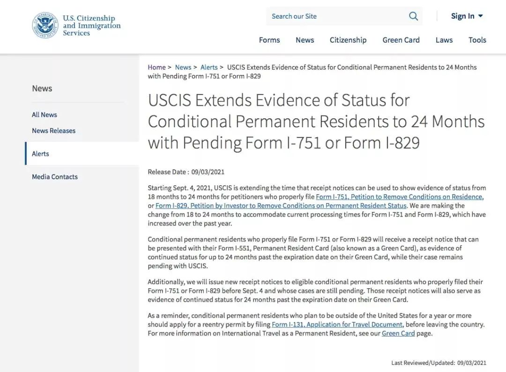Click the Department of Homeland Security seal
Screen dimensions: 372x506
[x=45, y=25]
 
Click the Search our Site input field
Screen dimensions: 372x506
[x=335, y=16]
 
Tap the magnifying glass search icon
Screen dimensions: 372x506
[x=413, y=16]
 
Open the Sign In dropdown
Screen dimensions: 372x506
[x=467, y=16]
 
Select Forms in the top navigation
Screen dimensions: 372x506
[x=269, y=40]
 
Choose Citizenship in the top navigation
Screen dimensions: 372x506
[x=348, y=40]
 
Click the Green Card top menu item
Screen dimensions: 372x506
[x=401, y=40]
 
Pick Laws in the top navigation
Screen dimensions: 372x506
[x=444, y=40]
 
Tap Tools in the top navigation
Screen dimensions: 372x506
[x=477, y=40]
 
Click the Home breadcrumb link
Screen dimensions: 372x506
[x=156, y=67]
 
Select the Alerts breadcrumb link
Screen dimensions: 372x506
[x=209, y=67]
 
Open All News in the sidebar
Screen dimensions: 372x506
[x=45, y=115]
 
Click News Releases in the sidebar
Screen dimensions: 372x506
[x=53, y=131]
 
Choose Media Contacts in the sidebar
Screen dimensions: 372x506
[x=55, y=177]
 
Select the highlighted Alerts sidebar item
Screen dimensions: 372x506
[x=40, y=153]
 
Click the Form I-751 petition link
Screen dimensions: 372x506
[x=399, y=197]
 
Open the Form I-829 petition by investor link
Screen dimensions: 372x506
[x=281, y=206]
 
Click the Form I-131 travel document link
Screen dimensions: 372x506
[x=337, y=325]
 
